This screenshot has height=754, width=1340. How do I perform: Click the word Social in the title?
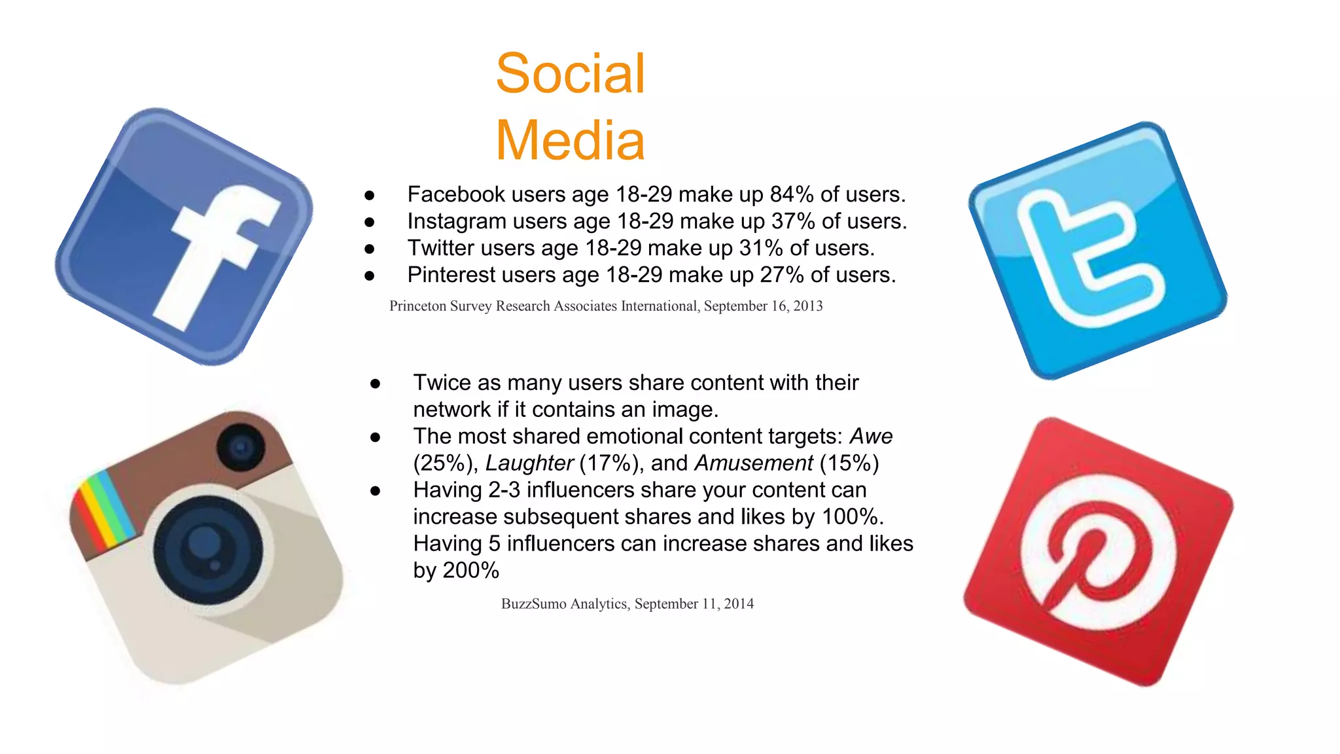[570, 73]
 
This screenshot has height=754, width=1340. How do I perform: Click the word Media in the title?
[570, 140]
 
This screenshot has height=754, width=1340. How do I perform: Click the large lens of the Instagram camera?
[208, 548]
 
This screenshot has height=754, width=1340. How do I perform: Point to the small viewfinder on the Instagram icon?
[241, 448]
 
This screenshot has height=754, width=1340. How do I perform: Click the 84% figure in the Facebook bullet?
[791, 194]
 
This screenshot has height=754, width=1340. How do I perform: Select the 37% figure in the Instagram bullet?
[792, 221]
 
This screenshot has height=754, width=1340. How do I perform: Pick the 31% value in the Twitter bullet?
[760, 248]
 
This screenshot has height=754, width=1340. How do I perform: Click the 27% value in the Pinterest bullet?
[781, 275]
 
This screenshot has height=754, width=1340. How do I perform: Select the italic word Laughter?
[529, 463]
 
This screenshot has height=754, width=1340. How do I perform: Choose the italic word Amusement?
[753, 463]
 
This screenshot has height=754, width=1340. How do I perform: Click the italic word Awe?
[871, 437]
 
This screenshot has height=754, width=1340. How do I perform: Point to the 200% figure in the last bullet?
[470, 571]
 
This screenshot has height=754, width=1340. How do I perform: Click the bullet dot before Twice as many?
[375, 384]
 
